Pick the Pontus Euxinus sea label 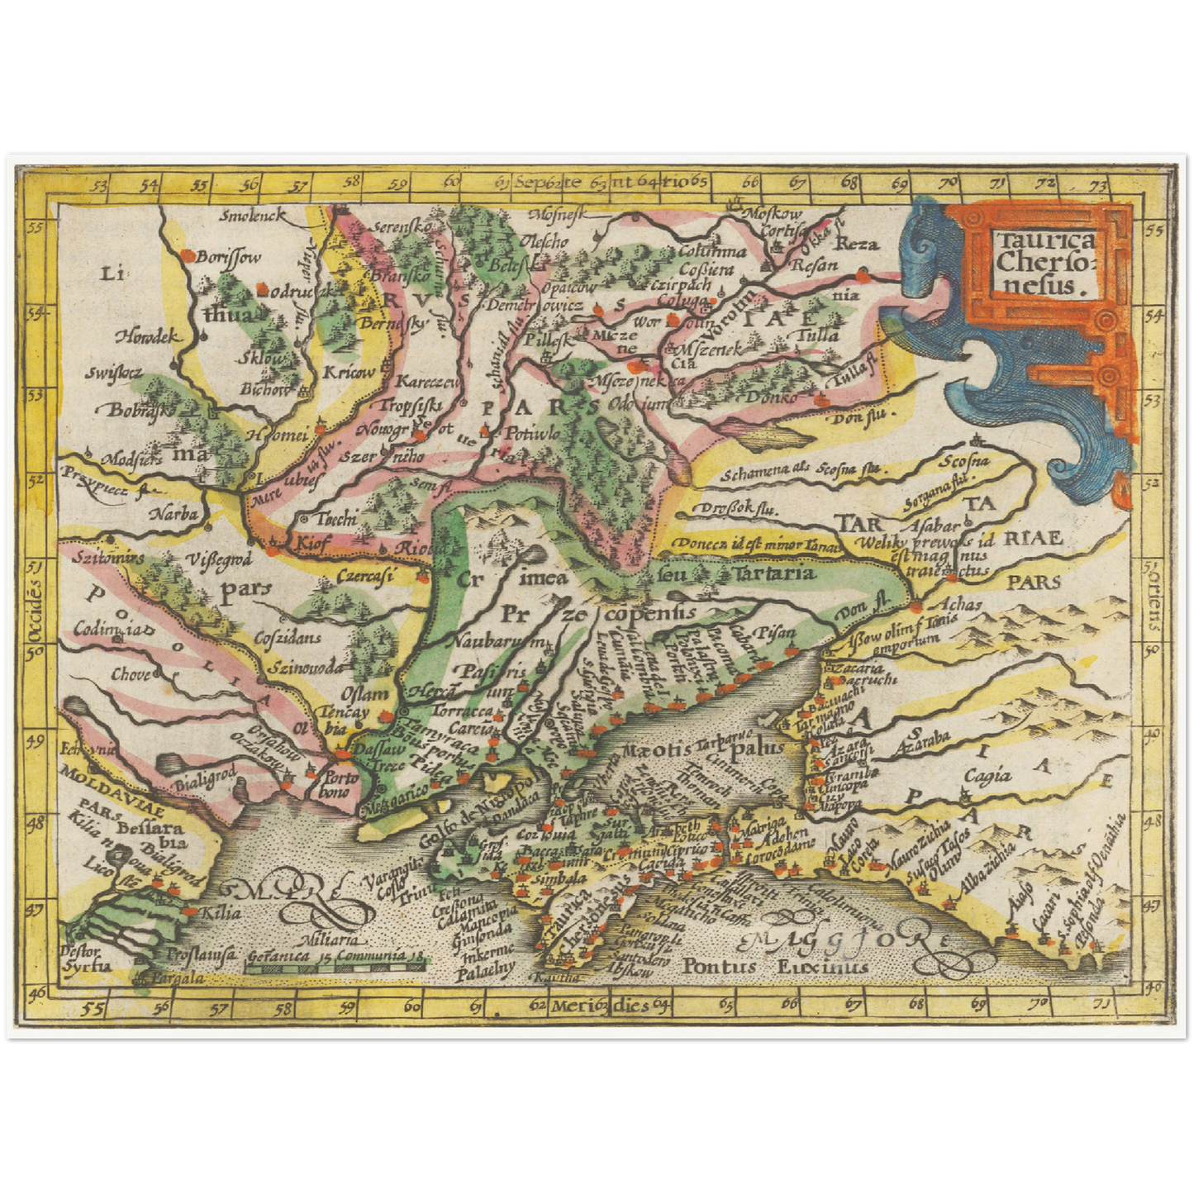776,966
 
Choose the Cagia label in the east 988,775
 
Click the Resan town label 814,266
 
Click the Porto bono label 340,786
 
